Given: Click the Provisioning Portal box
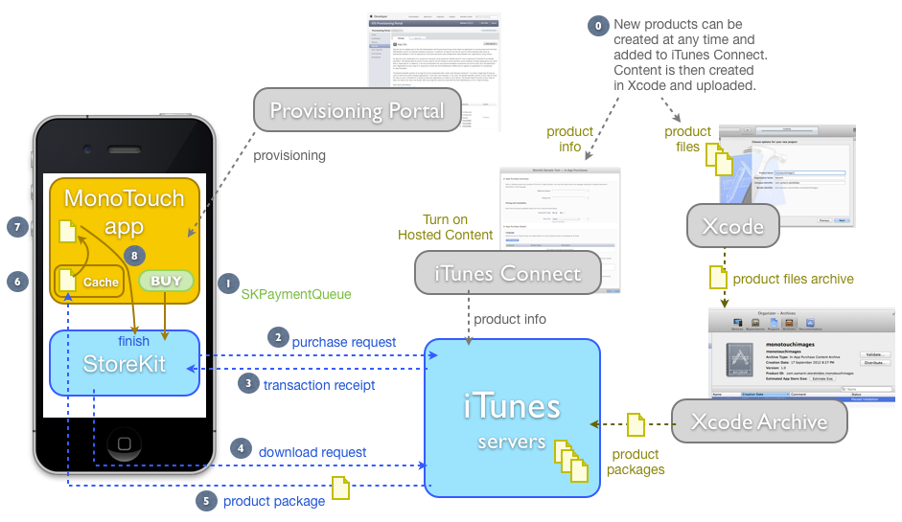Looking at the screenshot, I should (x=357, y=110).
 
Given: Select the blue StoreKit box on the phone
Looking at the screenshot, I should (x=124, y=362).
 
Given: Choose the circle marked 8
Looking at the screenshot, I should (x=135, y=256).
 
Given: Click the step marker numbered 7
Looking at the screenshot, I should (x=15, y=227).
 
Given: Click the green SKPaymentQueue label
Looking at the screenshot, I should (x=295, y=294).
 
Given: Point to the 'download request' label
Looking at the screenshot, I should (x=312, y=452).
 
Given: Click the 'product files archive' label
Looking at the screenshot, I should (x=793, y=279).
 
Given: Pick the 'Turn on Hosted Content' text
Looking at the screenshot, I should (x=446, y=228).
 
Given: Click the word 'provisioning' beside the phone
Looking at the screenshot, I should (x=289, y=155).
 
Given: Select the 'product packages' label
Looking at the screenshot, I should (x=636, y=462).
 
